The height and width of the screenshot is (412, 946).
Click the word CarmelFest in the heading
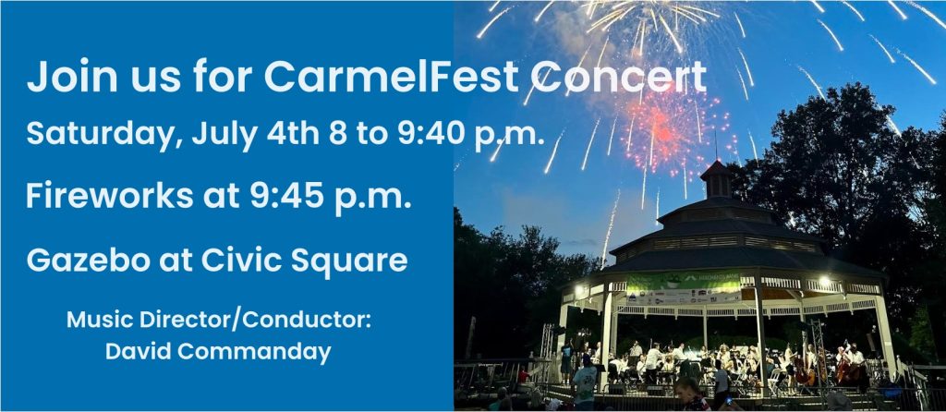pos(391,77)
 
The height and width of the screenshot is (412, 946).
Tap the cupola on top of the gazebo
pos(716,180)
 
